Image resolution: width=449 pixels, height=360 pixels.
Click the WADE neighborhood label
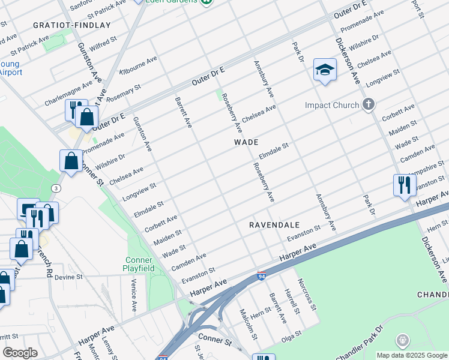pos(246,142)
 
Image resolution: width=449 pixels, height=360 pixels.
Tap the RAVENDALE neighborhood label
pos(274,224)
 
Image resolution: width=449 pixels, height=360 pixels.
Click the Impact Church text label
pos(331,106)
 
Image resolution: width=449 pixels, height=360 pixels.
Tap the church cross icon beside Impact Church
pos(368,105)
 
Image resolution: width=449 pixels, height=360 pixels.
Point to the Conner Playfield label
pos(139,264)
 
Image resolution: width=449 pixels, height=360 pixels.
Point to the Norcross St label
pos(311,293)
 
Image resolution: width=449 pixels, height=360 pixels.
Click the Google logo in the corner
pos(20,353)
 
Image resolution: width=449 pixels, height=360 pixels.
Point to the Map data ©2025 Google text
pos(412,355)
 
